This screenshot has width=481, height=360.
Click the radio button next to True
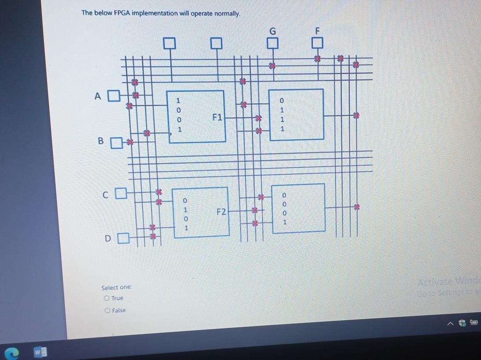click(107, 298)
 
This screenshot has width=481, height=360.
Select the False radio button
click(108, 310)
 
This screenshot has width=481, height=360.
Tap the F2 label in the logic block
click(221, 212)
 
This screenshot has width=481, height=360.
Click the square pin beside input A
click(114, 94)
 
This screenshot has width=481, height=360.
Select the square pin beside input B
click(116, 143)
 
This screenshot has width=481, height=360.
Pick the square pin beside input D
click(125, 239)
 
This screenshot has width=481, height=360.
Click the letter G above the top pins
click(273, 31)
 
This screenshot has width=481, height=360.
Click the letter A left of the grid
click(98, 95)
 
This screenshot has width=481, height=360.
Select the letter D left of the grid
click(108, 239)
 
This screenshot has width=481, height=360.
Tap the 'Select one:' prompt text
click(116, 288)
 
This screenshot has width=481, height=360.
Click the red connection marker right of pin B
click(129, 141)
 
